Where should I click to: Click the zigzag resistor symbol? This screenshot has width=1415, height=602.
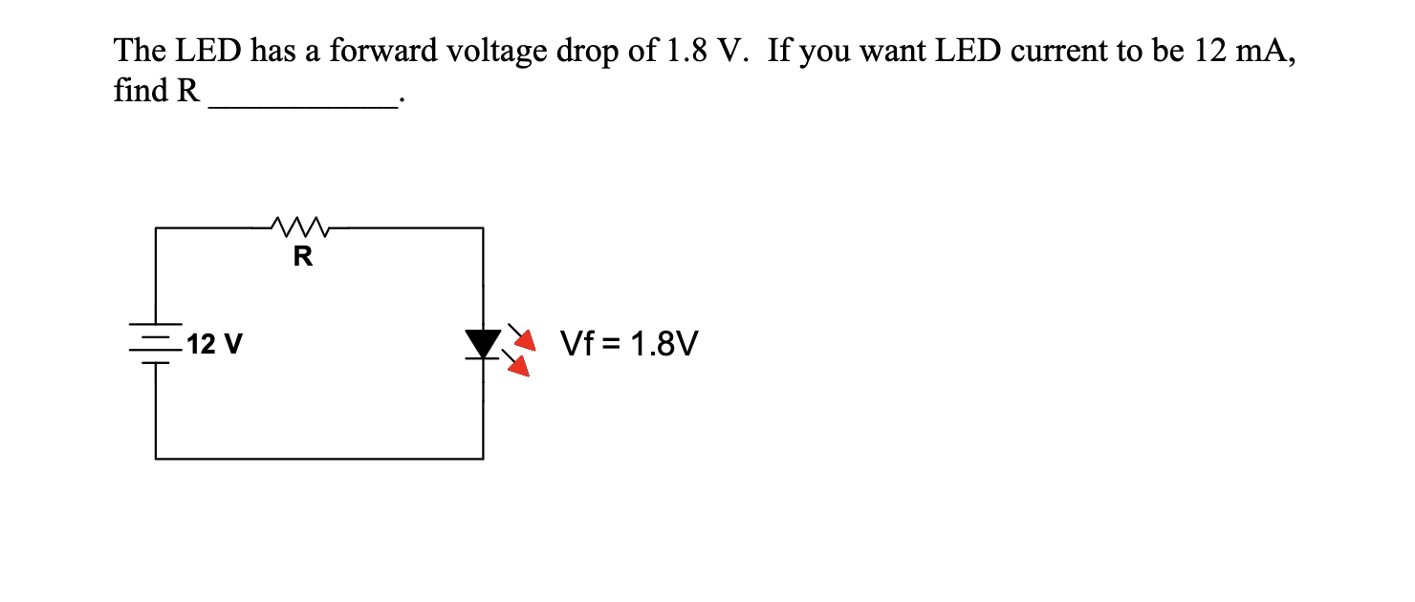click(x=301, y=227)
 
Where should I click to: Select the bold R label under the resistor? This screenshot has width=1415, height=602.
click(x=302, y=256)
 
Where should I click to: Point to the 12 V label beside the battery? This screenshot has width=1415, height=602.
click(x=215, y=343)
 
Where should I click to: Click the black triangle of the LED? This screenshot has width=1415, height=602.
click(x=483, y=341)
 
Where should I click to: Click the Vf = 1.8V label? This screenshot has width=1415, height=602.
click(x=629, y=343)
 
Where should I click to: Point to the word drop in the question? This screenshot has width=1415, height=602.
click(x=589, y=54)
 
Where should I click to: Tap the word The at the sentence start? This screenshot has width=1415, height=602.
click(x=137, y=52)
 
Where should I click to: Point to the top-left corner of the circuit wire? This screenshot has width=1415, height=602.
click(x=157, y=228)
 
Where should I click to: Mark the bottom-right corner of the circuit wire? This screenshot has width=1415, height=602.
click(x=483, y=458)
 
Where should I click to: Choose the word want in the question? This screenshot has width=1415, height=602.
click(x=893, y=53)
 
